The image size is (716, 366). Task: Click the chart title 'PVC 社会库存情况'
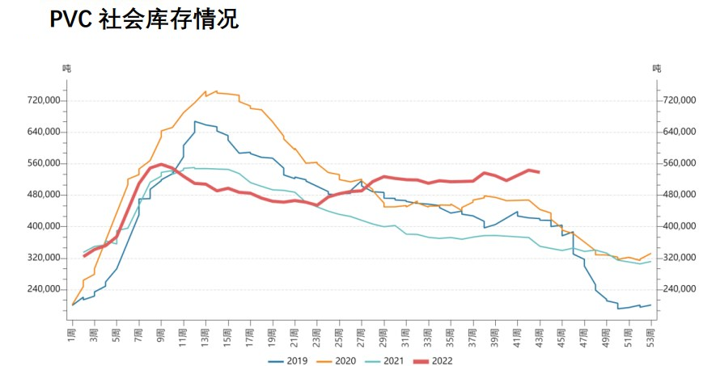click(144, 20)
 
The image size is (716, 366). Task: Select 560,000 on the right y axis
click(679, 163)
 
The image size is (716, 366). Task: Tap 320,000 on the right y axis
click(679, 258)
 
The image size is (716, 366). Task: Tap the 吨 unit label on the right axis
click(657, 69)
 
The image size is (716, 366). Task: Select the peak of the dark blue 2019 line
click(195, 121)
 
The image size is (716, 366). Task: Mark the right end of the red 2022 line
click(539, 172)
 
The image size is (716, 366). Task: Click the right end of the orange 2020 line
click(650, 254)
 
